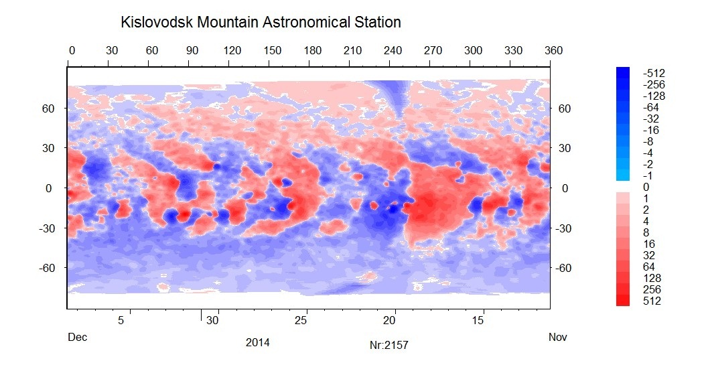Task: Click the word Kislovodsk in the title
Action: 157,22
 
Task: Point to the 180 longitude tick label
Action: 313,50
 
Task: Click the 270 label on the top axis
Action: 433,50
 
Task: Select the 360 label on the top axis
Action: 553,50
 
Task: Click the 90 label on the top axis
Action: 192,50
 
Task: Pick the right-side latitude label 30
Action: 565,148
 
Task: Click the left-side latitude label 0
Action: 49,189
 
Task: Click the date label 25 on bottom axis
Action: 301,321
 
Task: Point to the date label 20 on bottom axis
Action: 389,321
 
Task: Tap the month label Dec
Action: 77,337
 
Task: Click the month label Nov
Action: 557,337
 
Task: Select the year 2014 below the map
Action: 258,342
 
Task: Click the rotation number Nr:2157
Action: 389,345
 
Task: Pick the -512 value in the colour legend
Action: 654,73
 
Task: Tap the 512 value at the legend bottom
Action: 652,301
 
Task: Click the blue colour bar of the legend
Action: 623,124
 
